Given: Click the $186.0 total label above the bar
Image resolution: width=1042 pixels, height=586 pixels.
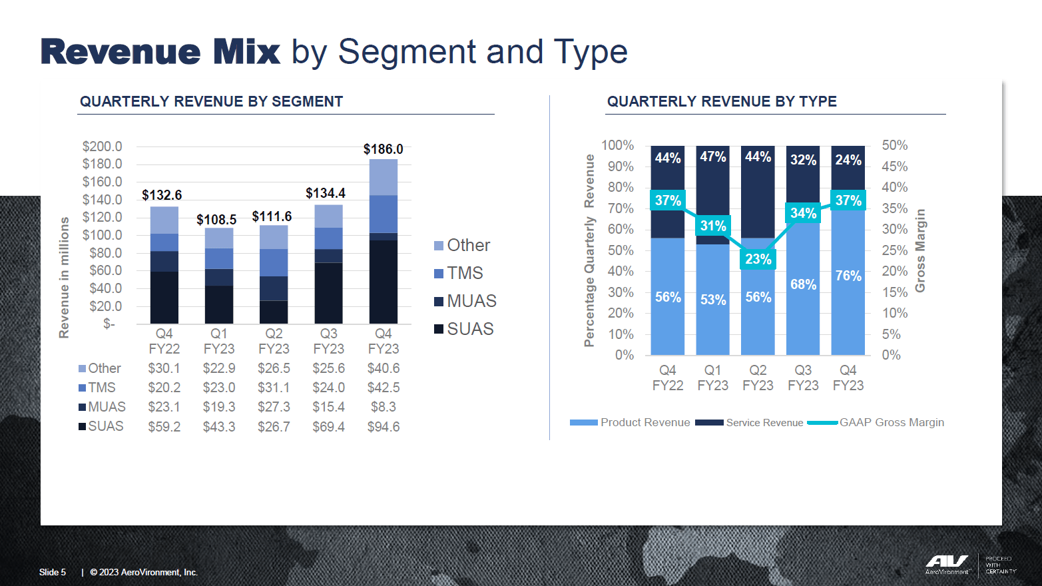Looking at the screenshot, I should pos(383,149).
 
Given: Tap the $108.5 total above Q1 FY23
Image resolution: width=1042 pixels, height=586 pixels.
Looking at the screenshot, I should pos(216,220).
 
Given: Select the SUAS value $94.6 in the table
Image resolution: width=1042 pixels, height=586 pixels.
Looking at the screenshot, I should pos(384,427).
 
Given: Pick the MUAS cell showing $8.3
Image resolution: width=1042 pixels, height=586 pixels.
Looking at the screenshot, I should pos(384,407).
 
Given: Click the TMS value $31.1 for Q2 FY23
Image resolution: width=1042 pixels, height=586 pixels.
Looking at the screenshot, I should pos(274,388).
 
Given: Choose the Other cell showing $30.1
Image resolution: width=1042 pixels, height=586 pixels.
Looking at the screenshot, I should pos(164,368).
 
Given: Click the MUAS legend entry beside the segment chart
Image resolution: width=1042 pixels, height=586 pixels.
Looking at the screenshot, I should pos(465,301).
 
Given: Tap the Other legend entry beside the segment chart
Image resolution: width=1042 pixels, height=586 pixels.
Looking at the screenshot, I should pos(462,245).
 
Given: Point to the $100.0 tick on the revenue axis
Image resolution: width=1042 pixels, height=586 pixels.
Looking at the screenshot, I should pos(102,235).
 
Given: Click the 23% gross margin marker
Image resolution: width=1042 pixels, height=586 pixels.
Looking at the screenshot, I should pos(758,259).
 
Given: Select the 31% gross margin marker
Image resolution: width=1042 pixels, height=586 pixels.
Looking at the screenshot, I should pos(712,226).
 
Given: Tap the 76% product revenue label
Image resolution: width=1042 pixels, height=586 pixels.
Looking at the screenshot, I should pos(848,276).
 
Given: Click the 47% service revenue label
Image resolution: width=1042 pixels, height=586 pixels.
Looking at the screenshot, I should pos(712,156).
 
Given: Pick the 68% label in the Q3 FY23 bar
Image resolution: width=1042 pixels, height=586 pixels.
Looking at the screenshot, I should pos(803,284).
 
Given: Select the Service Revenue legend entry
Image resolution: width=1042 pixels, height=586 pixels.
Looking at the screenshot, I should pos(750,422).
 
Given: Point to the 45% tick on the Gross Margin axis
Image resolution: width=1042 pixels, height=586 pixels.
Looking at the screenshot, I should pos(894,166).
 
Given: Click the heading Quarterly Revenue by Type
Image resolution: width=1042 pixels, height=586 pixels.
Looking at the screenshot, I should pos(722,101).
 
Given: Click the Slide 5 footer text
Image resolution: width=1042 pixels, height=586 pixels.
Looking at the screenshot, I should pos(53,572).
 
